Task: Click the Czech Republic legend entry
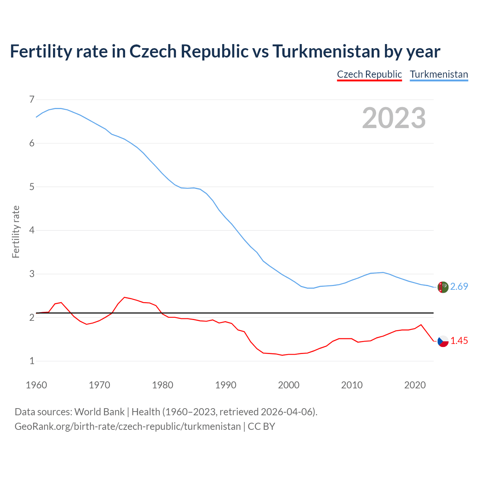tap(369, 74)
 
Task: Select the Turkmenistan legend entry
tap(439, 74)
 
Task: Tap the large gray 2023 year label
tap(394, 118)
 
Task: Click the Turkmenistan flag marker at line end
tap(443, 287)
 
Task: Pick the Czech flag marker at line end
tap(443, 341)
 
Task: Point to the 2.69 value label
tap(459, 286)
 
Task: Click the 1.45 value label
tap(459, 341)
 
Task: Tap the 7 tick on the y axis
tap(32, 99)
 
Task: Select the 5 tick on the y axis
tap(32, 187)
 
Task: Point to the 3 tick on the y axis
tap(32, 274)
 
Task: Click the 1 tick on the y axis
tap(32, 361)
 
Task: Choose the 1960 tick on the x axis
tap(36, 385)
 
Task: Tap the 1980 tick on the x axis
tap(162, 385)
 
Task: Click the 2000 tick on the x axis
tap(289, 385)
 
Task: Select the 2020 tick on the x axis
tap(415, 385)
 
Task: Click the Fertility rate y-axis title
tap(16, 232)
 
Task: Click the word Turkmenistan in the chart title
tap(326, 51)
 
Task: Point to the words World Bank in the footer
tap(99, 412)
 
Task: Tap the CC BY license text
tap(261, 426)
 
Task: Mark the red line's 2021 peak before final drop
tap(421, 325)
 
